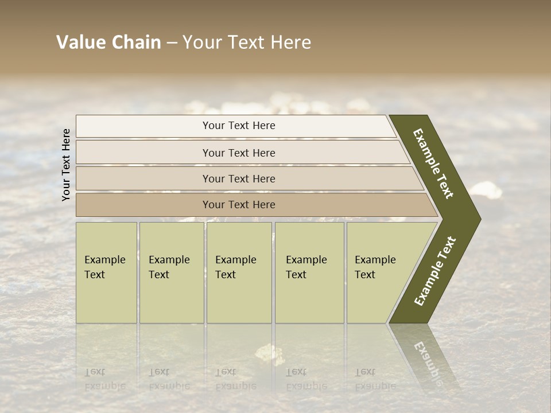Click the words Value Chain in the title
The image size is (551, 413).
point(108,42)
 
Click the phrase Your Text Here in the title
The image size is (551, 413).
point(247,42)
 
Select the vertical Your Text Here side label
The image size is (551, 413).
point(66,165)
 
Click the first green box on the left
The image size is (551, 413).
point(106,272)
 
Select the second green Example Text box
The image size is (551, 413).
point(172,272)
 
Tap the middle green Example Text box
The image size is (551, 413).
point(239,272)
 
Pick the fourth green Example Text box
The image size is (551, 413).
point(309,272)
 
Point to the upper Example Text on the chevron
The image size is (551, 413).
point(433,163)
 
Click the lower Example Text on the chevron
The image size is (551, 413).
point(435,271)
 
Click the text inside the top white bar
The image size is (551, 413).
point(239,126)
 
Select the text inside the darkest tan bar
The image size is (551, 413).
point(239,205)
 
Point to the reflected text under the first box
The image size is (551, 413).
point(104,379)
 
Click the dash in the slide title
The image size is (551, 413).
point(172,43)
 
